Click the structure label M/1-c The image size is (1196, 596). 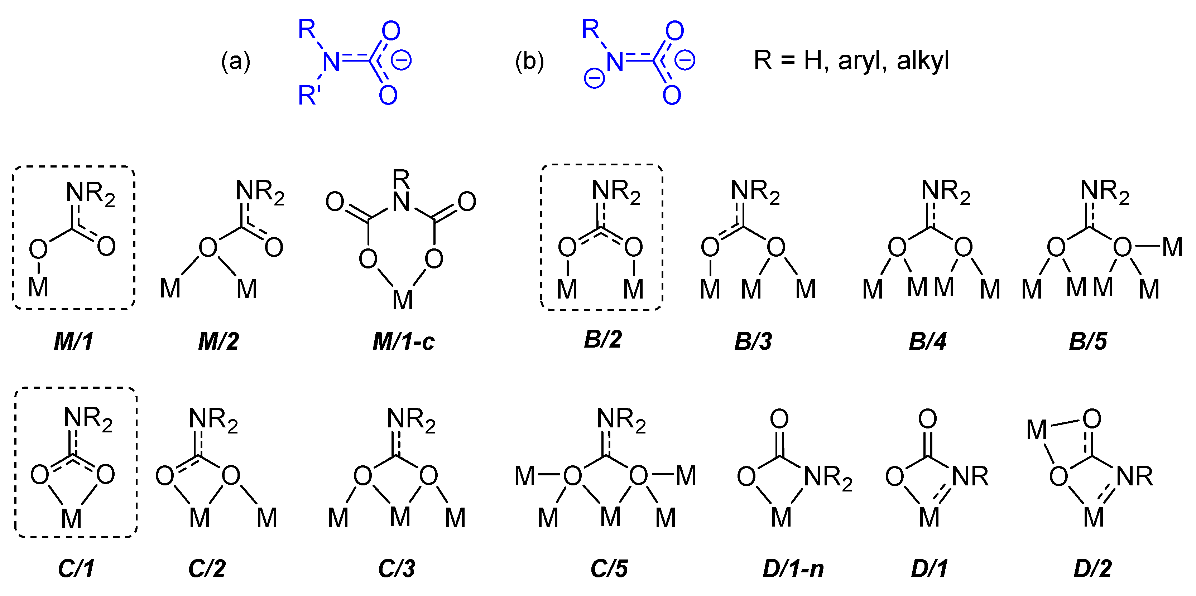click(403, 342)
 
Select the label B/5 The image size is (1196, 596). click(1088, 342)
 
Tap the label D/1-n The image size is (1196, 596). click(793, 569)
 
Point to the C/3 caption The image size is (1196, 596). click(397, 569)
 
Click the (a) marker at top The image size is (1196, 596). click(236, 61)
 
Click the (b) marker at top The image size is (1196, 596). click(529, 61)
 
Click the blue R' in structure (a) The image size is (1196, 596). click(309, 95)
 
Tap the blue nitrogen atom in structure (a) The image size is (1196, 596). click(331, 62)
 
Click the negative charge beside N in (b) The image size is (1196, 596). click(594, 78)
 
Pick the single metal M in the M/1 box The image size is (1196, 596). click(38, 287)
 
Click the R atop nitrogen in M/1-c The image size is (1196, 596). click(401, 178)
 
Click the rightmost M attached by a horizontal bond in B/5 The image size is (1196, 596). click(1172, 247)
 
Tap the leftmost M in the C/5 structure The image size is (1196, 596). click(525, 476)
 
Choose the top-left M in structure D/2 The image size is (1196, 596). click(1036, 430)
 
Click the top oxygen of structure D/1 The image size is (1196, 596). click(927, 419)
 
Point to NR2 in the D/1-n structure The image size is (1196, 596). click(828, 478)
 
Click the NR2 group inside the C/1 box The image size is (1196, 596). click(88, 419)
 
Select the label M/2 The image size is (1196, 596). click(218, 342)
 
